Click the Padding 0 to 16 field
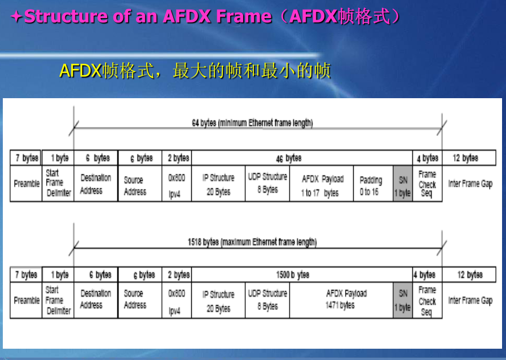[371, 185]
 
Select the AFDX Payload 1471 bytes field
[346, 300]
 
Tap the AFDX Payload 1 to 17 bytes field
[322, 185]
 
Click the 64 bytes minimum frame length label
[252, 123]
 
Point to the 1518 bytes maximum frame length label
[252, 242]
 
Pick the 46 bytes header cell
[289, 158]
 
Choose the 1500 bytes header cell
[293, 275]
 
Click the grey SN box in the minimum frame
[402, 185]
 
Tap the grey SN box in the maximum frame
[403, 300]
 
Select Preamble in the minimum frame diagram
[27, 184]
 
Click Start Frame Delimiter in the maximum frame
[58, 300]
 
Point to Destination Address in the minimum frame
[95, 184]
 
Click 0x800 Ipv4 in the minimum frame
[177, 184]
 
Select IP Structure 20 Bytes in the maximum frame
[218, 301]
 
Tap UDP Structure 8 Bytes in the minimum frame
[267, 183]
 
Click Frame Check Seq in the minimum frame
[427, 184]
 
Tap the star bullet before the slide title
[16, 17]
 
